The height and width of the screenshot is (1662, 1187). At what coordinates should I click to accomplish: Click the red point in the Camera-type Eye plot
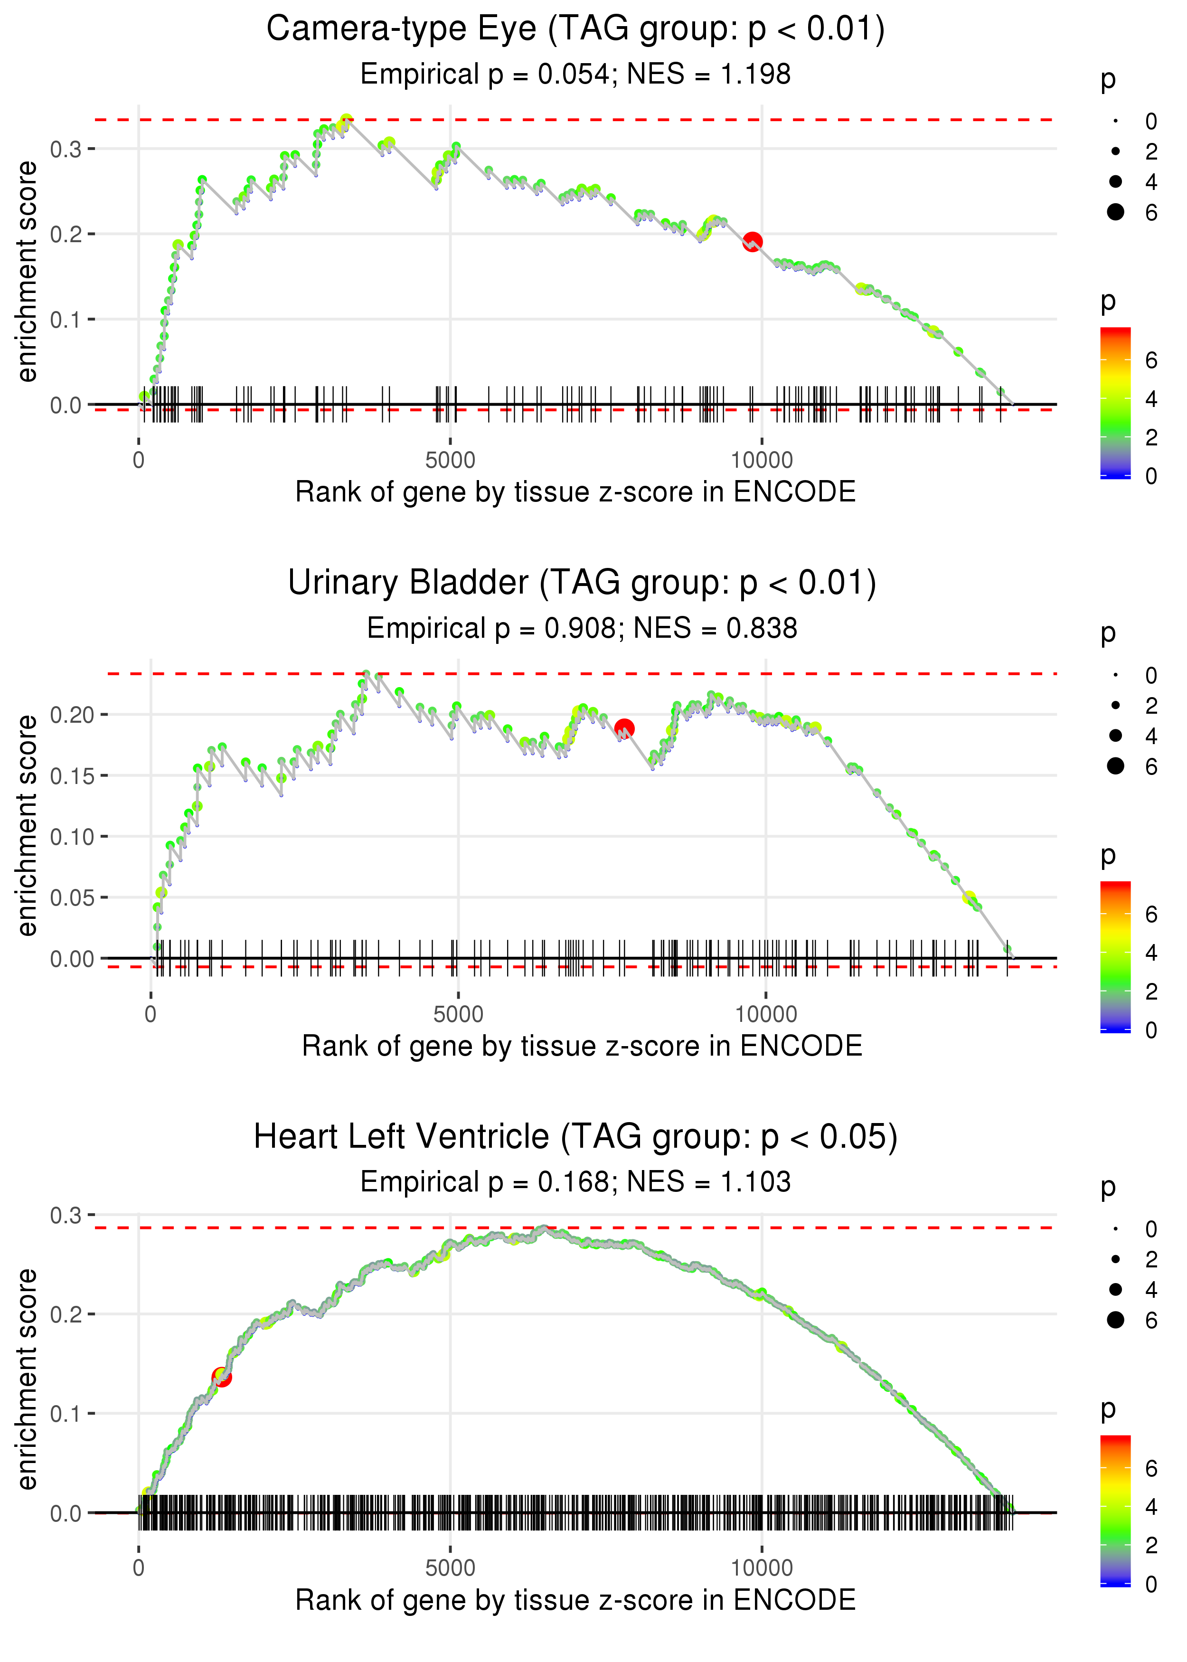[752, 241]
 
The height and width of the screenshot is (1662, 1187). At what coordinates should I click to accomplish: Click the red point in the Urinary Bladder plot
[623, 728]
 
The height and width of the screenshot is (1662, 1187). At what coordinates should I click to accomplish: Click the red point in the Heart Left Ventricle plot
[221, 1377]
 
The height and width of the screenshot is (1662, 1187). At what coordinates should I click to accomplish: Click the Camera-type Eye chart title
[575, 29]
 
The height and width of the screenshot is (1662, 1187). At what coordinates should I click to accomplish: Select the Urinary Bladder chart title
[582, 583]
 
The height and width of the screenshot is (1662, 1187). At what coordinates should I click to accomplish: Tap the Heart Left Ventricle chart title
[575, 1137]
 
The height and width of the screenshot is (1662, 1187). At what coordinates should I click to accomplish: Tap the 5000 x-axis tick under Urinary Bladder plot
[458, 1014]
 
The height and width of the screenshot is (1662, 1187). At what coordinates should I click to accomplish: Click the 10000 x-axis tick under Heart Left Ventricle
[762, 1568]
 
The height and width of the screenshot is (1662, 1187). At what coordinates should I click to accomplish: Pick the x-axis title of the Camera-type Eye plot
[575, 492]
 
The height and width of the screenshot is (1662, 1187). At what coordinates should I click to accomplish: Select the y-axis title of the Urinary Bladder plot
[27, 826]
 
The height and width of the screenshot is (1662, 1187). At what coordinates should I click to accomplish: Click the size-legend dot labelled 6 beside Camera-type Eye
[1115, 212]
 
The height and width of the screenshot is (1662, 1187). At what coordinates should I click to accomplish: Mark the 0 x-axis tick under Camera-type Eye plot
[139, 461]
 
